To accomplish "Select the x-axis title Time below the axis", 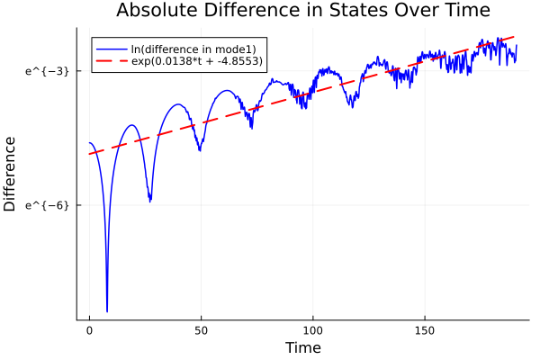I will coord(302,347).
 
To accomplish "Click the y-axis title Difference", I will coord(11,174).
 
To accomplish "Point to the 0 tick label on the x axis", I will coord(89,331).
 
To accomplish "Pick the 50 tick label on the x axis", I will coord(201,331).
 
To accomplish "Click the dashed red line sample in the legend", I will coord(112,61).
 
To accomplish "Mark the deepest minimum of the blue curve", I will coord(107,310).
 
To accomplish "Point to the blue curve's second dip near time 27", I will coord(149,201).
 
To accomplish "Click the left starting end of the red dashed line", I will coord(89,154).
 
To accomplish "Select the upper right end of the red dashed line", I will coord(515,37).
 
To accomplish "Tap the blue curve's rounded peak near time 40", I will coord(179,104).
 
